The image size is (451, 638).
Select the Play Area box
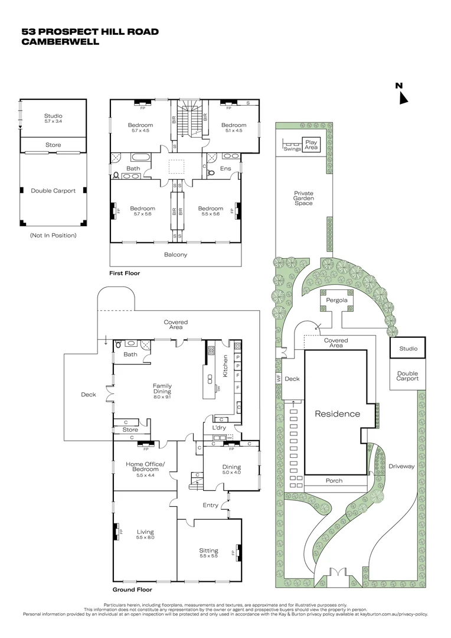click(311, 145)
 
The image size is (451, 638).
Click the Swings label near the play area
click(292, 149)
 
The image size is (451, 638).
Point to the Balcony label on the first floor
click(175, 255)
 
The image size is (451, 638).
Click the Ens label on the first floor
click(225, 168)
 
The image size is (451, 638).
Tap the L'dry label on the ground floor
click(211, 427)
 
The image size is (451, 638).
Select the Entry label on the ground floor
click(210, 505)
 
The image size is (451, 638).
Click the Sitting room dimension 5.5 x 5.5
click(208, 556)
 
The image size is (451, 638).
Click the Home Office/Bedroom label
click(145, 466)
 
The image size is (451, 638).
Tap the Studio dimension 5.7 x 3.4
click(53, 121)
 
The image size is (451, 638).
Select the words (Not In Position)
click(53, 235)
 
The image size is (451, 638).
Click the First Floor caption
click(125, 274)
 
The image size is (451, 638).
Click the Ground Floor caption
click(132, 590)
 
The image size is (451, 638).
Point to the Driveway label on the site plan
click(401, 467)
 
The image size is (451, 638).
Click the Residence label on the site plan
click(337, 414)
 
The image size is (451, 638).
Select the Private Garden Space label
click(304, 198)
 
